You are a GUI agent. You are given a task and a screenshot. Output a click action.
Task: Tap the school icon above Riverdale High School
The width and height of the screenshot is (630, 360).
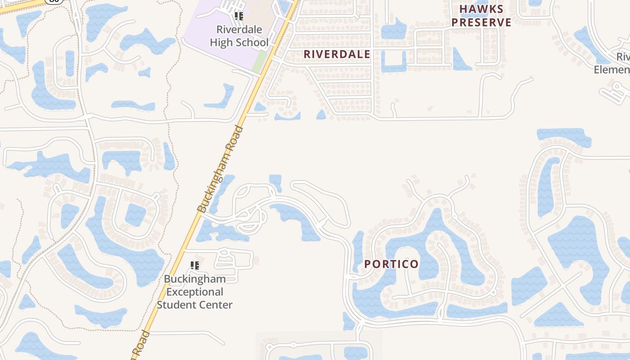tap(239, 16)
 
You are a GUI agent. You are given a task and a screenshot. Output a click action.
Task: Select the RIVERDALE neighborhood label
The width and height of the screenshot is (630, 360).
tap(337, 54)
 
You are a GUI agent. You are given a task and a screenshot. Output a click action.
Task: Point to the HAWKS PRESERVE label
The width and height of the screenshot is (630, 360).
tap(481, 16)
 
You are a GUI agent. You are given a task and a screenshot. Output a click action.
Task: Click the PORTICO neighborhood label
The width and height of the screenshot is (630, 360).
tap(391, 264)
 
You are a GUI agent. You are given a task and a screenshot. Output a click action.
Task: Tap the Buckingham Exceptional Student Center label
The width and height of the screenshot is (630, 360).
tap(194, 292)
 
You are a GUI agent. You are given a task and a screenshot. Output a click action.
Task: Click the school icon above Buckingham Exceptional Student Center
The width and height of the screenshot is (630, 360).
tap(195, 265)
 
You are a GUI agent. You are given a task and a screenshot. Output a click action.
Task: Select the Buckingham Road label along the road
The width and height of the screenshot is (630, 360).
tap(220, 169)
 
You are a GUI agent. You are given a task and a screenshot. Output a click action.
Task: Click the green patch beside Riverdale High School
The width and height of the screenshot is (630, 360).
tap(259, 62)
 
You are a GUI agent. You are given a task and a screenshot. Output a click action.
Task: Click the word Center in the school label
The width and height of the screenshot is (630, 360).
tap(216, 305)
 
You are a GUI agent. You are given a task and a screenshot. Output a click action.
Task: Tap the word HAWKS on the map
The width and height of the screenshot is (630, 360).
tap(481, 9)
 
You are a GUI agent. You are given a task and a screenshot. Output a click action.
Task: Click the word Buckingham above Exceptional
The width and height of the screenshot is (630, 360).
tap(194, 279)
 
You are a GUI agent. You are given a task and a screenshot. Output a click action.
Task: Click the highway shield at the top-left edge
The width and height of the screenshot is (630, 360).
tap(54, 1)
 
